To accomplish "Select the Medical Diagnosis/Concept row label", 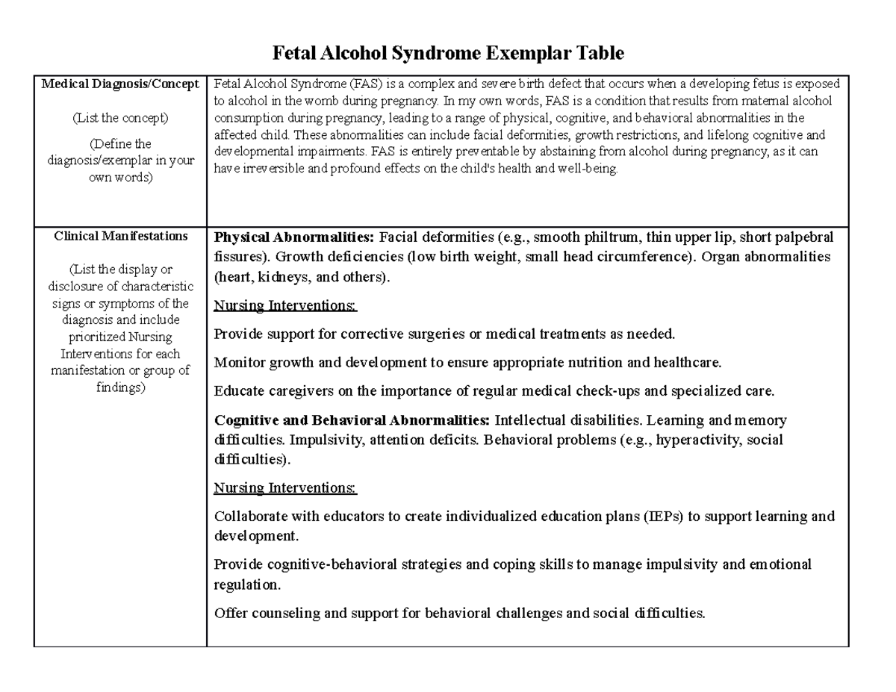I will tap(120, 84).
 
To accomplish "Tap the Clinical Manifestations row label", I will tap(120, 236).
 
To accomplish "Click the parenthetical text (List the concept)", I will tap(120, 118).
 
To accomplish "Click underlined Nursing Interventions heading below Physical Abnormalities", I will tap(285, 305).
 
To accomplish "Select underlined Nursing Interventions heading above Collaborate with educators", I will tap(285, 488).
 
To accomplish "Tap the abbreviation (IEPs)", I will tap(661, 517).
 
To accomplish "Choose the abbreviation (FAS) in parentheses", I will tap(347, 84).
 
